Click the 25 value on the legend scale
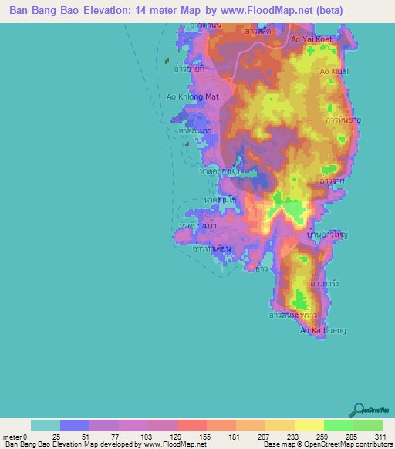click(55, 436)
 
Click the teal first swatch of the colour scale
click(46, 425)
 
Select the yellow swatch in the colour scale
click(309, 425)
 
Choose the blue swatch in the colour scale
click(75, 425)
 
